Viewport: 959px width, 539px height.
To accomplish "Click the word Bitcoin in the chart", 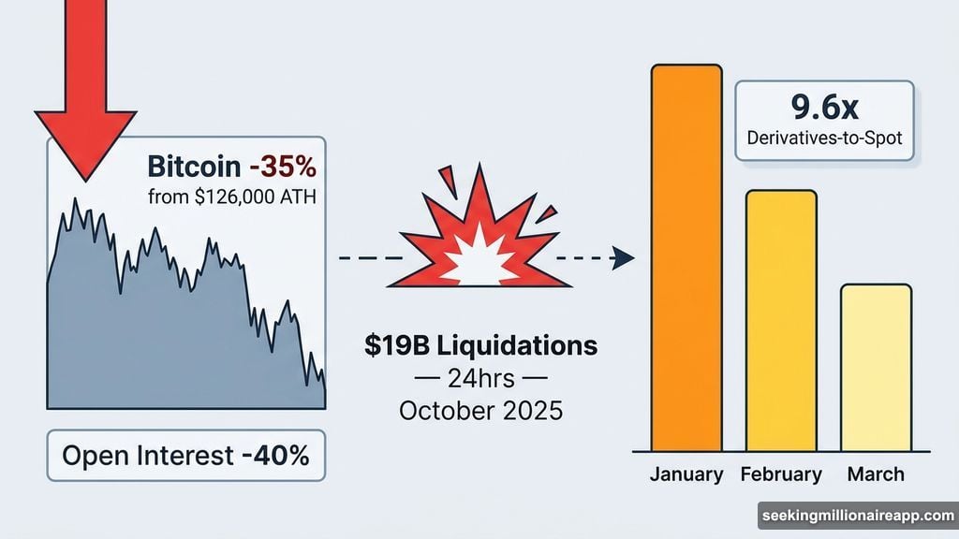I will [193, 168].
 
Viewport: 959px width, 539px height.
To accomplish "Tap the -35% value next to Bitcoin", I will [282, 168].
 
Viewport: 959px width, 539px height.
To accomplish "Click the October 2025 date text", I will [479, 410].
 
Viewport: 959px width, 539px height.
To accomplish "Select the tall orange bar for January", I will [686, 258].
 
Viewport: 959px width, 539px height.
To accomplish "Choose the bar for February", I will [781, 321].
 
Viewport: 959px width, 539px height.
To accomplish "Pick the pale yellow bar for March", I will [876, 368].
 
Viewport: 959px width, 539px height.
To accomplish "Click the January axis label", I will [686, 474].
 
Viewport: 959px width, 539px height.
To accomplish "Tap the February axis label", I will [781, 474].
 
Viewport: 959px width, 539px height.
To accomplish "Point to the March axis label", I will [876, 474].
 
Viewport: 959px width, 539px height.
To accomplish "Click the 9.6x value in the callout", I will [825, 108].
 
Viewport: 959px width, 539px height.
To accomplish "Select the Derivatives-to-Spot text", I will [825, 139].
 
